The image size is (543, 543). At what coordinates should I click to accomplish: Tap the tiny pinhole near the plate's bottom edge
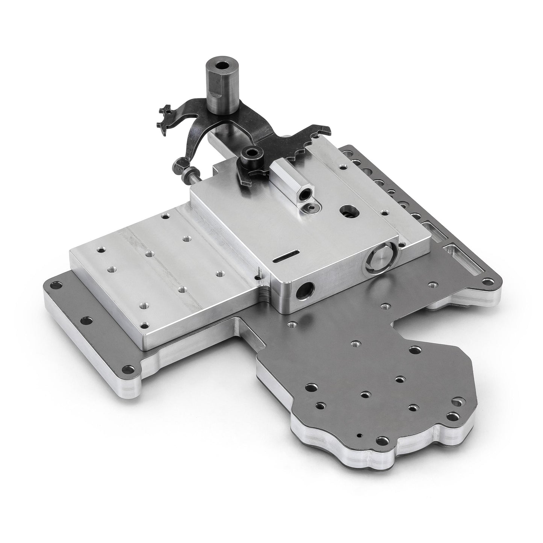(360, 436)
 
